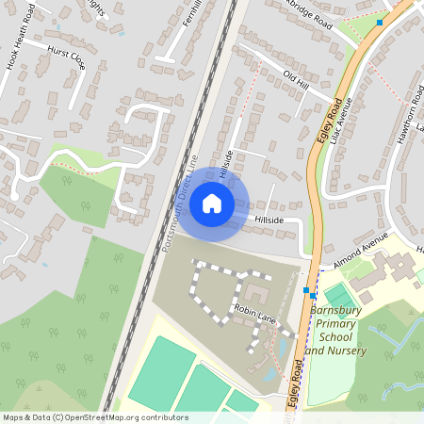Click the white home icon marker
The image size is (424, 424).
(212, 203)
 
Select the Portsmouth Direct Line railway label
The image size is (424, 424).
(181, 203)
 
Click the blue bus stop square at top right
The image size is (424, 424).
(379, 22)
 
